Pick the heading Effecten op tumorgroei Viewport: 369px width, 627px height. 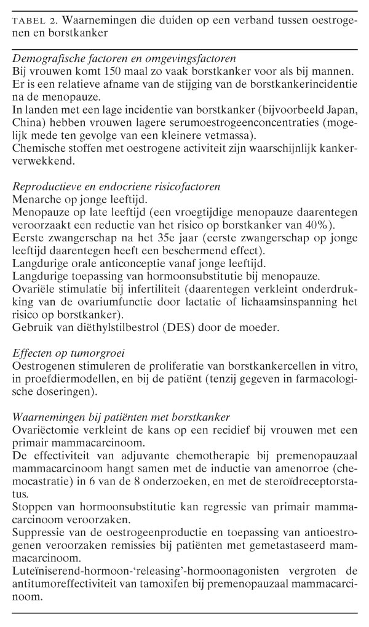click(63, 351)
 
